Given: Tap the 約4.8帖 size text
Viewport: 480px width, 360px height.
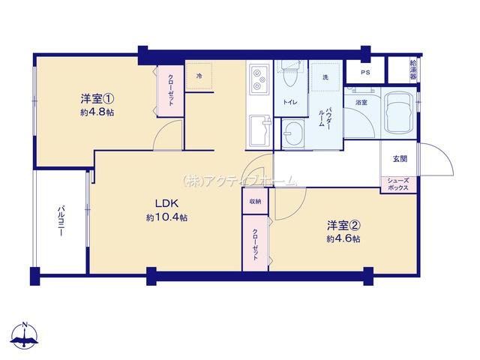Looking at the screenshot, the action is pos(97,112).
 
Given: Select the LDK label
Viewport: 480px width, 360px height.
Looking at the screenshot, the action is pos(166,203).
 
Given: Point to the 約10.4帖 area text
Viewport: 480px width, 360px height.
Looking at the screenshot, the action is pos(166,217).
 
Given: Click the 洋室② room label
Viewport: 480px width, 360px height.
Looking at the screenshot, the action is pos(343,226).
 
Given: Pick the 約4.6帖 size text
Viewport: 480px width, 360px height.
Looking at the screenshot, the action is pos(343,238).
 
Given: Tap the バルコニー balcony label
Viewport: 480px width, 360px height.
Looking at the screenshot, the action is pos(61,221).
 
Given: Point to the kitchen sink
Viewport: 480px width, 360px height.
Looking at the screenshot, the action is pos(260,130).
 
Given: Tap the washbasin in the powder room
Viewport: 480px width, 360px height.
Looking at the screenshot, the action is pos(292,133).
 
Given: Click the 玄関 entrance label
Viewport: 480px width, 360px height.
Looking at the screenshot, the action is pos(400,159).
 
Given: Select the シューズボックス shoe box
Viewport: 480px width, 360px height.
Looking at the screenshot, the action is pos(398,184).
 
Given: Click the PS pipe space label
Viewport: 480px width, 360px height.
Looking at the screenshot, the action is pos(365,73).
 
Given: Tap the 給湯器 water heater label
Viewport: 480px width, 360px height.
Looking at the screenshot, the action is pos(413,70).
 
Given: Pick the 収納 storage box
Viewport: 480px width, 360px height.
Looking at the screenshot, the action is pos(255,202).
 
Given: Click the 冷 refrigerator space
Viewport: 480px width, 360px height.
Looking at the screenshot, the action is pos(199,76).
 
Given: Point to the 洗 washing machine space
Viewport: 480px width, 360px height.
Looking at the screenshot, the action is pos(325,77).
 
